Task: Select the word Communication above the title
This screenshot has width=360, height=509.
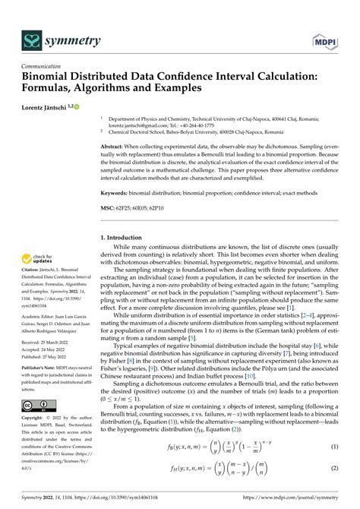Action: pos(43,66)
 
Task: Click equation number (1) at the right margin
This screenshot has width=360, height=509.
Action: pos(333,447)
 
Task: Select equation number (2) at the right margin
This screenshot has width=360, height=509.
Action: pos(333,469)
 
